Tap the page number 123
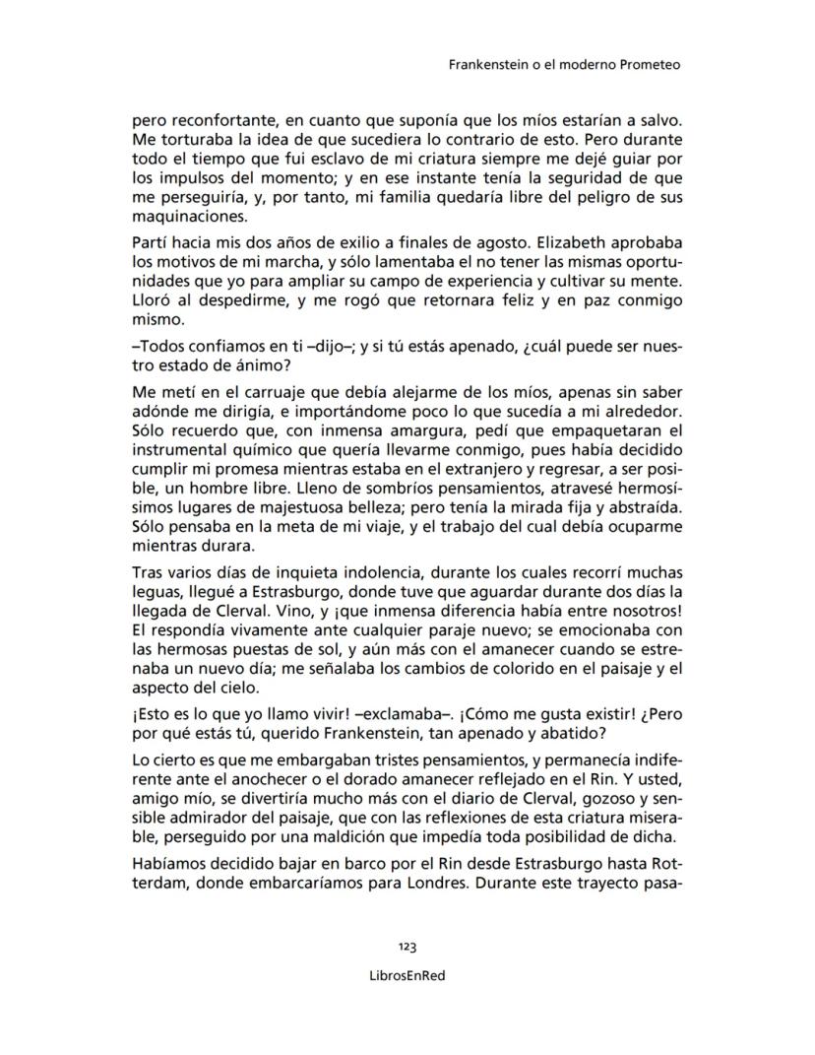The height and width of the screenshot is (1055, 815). click(407, 947)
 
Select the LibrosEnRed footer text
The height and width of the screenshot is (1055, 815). click(407, 974)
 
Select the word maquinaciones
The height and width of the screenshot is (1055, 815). click(186, 218)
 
